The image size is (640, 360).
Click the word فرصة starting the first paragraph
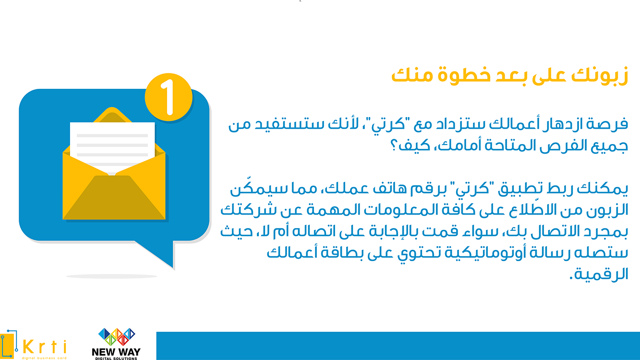[x=609, y=125]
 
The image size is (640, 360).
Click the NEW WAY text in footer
[x=116, y=351]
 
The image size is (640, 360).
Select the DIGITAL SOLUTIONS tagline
[x=116, y=358]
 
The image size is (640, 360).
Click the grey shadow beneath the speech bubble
[x=111, y=276]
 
